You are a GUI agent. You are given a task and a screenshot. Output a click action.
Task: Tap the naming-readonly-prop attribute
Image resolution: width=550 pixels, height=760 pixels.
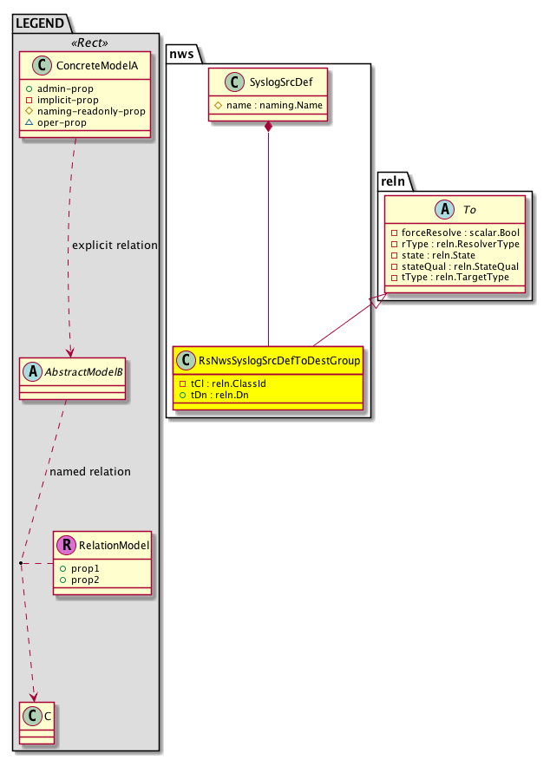pos(98,111)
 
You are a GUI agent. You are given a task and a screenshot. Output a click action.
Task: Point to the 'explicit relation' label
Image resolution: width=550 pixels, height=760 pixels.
pos(115,246)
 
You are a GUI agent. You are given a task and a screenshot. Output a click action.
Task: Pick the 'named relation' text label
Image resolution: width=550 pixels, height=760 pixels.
pos(90,472)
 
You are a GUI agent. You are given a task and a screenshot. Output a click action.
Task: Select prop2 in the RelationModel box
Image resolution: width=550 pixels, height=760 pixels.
pos(82,579)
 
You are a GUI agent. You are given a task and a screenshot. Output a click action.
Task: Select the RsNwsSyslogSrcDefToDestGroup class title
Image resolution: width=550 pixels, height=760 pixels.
pos(279,360)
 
